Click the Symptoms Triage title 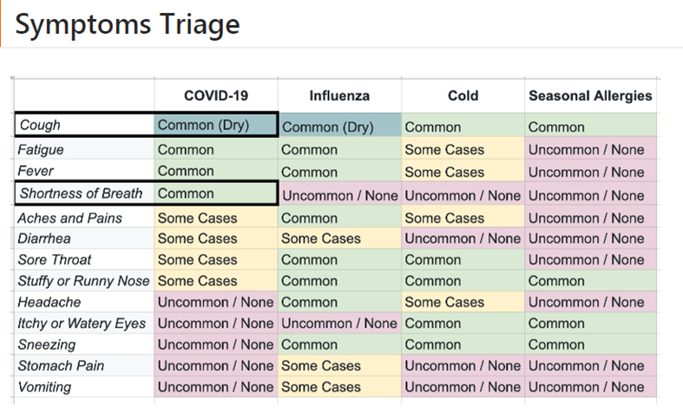coord(128,24)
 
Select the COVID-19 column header coord(216,95)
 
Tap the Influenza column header coord(339,95)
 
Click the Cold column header coord(463,95)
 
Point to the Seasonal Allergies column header coord(590,95)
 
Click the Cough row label coord(40,125)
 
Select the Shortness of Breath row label coord(81,193)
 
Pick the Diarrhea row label coord(44,239)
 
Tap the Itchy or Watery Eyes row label coord(82,324)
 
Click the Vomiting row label coord(44,387)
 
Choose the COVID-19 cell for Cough coord(215,125)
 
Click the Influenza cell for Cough coord(339,125)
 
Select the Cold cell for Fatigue coord(463,148)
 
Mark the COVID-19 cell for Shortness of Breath coord(215,193)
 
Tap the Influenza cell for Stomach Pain coord(339,366)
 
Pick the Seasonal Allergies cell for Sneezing coord(591,344)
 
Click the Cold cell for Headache coord(463,302)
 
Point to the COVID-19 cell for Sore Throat coord(216,259)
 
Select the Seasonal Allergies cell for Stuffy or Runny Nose coord(591,281)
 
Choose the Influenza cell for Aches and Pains coord(339,217)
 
